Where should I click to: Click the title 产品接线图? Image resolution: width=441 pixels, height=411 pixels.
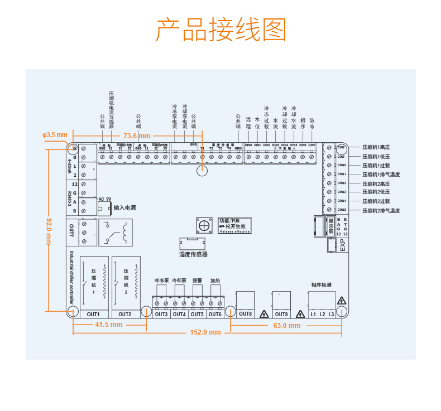point(220,29)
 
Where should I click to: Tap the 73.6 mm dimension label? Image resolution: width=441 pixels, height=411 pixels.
point(137,136)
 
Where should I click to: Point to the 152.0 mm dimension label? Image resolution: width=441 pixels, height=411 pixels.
point(205,332)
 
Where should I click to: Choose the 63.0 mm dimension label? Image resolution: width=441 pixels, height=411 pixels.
point(286,325)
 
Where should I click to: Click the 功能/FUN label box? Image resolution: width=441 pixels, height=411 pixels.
point(234,225)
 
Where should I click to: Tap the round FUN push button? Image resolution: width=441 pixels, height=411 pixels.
point(204,225)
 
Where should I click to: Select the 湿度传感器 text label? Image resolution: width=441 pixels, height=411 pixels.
point(193,254)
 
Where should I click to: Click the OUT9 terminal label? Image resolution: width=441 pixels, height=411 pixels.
point(281,313)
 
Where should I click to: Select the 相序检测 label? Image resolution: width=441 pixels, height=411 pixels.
point(322,285)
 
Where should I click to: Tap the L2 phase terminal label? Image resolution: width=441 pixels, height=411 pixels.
point(322,314)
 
